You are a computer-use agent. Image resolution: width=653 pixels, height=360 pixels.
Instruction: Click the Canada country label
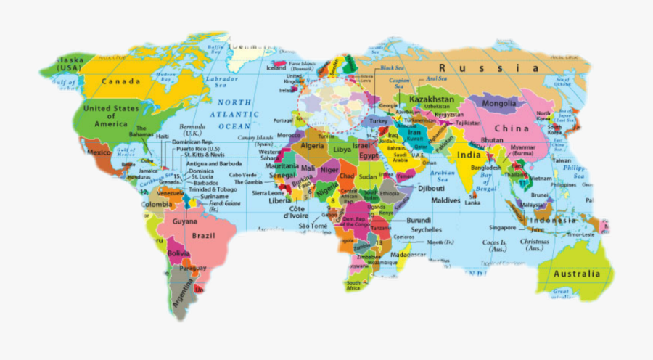(x=121, y=81)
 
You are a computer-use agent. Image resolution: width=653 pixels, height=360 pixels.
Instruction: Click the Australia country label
(x=577, y=274)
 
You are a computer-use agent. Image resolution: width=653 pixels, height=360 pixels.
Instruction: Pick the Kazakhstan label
(x=432, y=99)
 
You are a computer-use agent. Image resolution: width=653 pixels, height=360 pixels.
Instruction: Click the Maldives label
(x=446, y=200)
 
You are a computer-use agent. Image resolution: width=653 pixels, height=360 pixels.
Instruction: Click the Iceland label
(x=277, y=68)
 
